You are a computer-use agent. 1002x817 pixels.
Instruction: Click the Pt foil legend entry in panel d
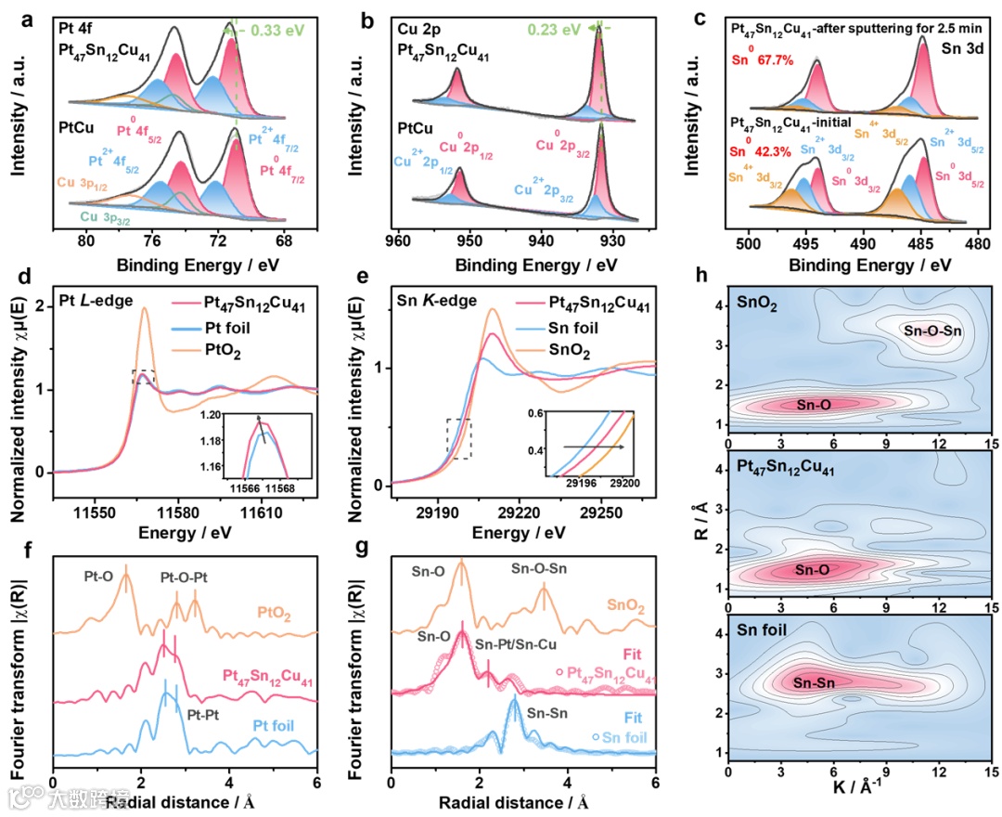tap(247, 327)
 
